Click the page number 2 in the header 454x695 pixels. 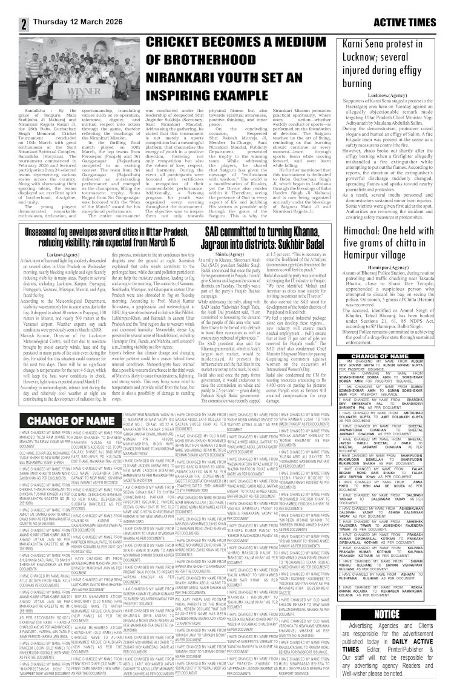(x=7, y=7)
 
